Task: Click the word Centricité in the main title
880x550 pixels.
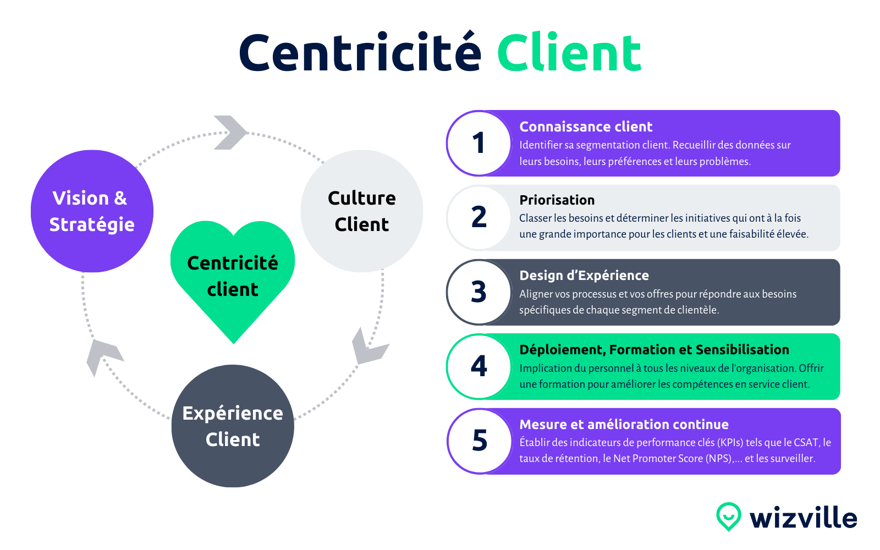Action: pyautogui.click(x=360, y=53)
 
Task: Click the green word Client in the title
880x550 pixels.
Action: pyautogui.click(x=569, y=53)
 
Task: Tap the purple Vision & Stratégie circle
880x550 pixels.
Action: pyautogui.click(x=92, y=211)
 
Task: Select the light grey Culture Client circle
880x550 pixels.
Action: pyautogui.click(x=362, y=211)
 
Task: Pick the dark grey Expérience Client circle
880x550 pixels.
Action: pyautogui.click(x=233, y=426)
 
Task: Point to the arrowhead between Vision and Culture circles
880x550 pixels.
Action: pyautogui.click(x=230, y=133)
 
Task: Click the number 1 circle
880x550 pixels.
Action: pyautogui.click(x=479, y=144)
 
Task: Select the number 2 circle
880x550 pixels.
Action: pyautogui.click(x=479, y=217)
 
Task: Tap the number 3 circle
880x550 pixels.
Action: pyautogui.click(x=479, y=292)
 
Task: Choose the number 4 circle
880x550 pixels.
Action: pyautogui.click(x=479, y=366)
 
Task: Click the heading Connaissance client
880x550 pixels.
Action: pyautogui.click(x=586, y=127)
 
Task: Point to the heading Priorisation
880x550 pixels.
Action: pyautogui.click(x=557, y=200)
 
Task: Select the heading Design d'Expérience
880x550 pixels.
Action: pyautogui.click(x=584, y=276)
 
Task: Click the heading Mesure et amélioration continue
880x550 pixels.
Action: pyautogui.click(x=624, y=425)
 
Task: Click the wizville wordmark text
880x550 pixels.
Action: pyautogui.click(x=803, y=518)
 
